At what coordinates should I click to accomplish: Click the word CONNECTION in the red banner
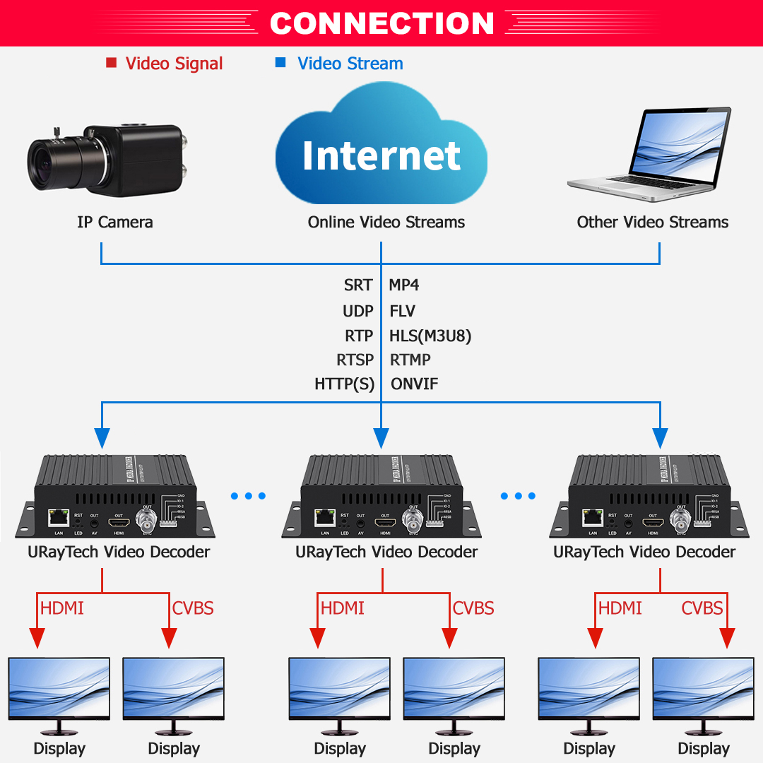[381, 23]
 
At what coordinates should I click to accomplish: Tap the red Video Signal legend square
[111, 63]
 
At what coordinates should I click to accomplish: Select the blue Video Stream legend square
[280, 63]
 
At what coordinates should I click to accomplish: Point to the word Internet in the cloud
[381, 155]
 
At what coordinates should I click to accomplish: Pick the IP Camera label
[114, 222]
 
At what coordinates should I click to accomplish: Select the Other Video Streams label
[652, 222]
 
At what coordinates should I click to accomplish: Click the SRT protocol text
[357, 285]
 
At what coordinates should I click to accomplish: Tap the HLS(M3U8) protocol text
[430, 336]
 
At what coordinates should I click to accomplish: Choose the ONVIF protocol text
[414, 384]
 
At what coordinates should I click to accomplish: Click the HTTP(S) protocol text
[344, 384]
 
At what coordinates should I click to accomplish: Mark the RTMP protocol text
[410, 360]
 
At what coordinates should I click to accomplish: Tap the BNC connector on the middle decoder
[410, 521]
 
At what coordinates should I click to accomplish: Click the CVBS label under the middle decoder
[473, 608]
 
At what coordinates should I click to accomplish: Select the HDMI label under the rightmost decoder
[620, 608]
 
